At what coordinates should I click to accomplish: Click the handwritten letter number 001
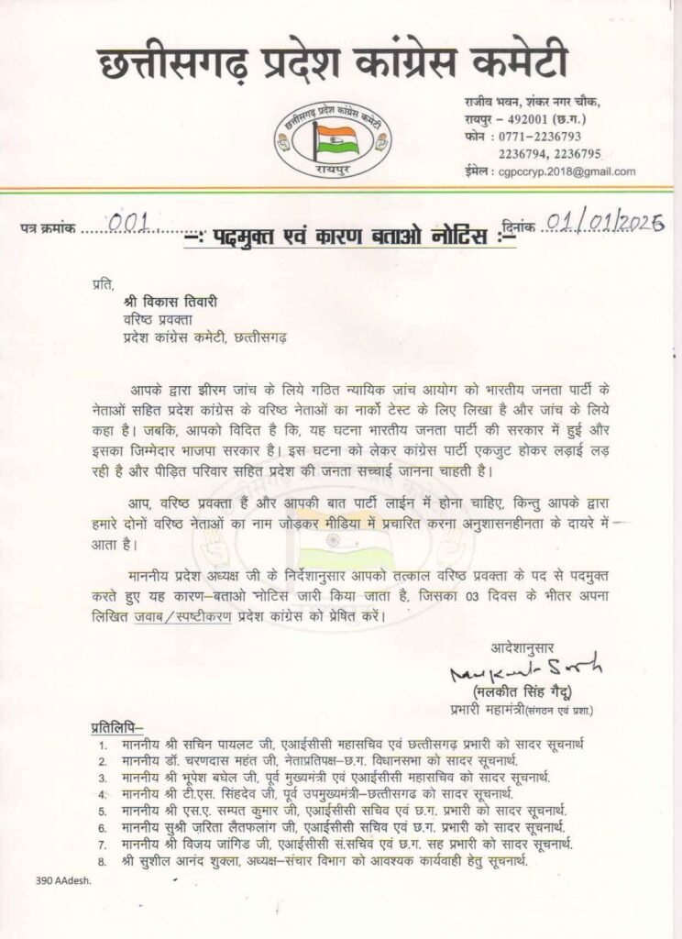point(135,221)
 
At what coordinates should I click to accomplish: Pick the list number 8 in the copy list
point(99,859)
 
